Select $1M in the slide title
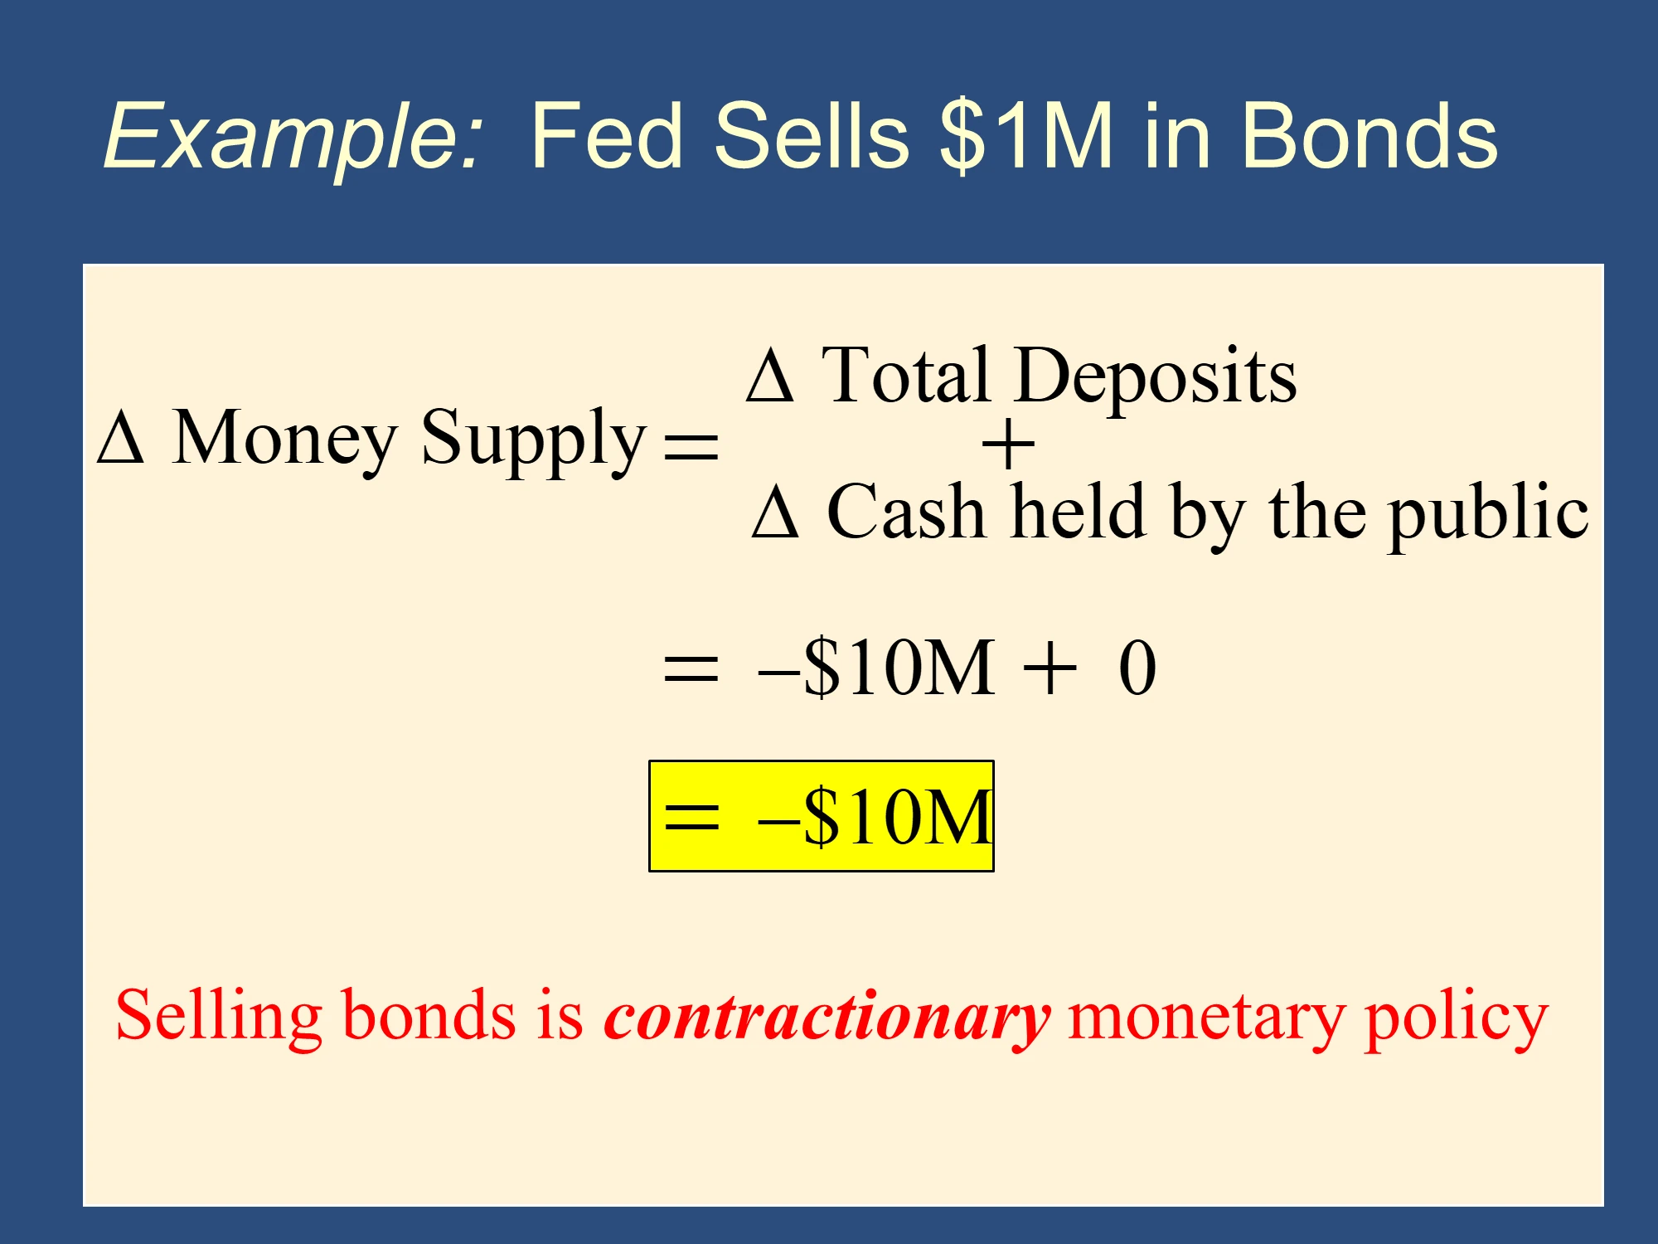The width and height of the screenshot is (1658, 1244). tap(1026, 135)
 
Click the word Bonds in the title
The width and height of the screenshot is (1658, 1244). tap(1370, 135)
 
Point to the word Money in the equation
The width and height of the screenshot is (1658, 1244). tap(284, 440)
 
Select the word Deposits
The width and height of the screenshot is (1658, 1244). tap(1156, 377)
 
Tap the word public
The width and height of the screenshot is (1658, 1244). tap(1489, 514)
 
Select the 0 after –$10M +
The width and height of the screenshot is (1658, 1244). tap(1137, 667)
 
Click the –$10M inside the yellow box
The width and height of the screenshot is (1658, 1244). tap(875, 817)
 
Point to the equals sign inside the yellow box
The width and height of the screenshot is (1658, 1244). tap(692, 817)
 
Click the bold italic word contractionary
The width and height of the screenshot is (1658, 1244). tap(827, 1016)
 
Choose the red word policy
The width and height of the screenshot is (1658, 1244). tap(1457, 1019)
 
